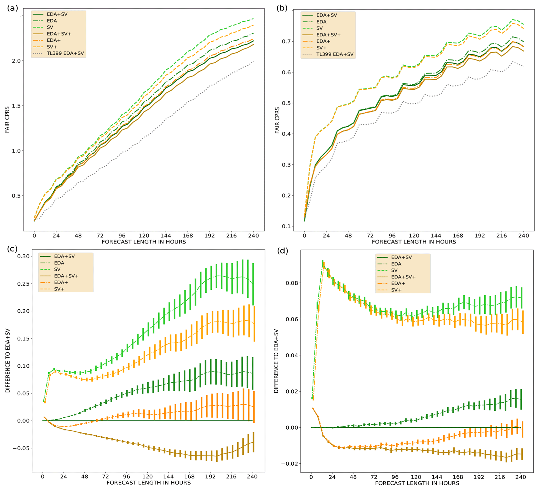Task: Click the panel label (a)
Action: tap(13, 8)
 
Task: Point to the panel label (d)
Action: tap(283, 251)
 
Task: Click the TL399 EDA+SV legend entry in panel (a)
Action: tap(65, 53)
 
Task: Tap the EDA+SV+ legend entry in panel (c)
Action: tap(66, 276)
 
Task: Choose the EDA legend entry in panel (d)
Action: tap(396, 264)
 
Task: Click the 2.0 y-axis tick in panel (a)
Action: tap(16, 61)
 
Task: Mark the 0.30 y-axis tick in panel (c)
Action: tap(23, 256)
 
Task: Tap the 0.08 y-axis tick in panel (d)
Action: tap(292, 283)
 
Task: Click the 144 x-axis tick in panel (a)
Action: tap(166, 236)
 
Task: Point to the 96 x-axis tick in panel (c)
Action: tap(126, 477)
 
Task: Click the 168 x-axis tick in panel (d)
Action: tap(458, 477)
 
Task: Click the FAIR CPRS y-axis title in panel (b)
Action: tap(277, 120)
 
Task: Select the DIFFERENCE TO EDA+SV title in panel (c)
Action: tap(8, 361)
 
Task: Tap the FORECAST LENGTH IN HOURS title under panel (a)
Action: tap(144, 242)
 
